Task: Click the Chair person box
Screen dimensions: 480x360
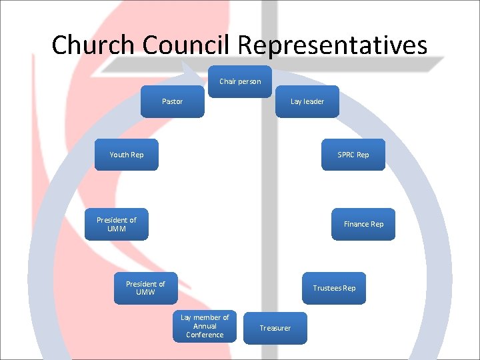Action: click(x=240, y=81)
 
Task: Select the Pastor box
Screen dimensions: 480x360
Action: click(x=172, y=101)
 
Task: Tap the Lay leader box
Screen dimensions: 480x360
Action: click(x=307, y=101)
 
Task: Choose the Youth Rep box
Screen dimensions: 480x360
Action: click(x=127, y=155)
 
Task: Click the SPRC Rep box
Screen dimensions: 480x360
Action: click(x=353, y=155)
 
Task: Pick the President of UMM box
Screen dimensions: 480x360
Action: click(x=117, y=224)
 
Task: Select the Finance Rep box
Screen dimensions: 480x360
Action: click(x=363, y=224)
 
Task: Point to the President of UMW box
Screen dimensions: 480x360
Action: click(x=145, y=288)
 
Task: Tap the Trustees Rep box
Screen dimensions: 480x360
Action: click(x=334, y=288)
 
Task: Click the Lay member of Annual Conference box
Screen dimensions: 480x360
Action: click(x=205, y=326)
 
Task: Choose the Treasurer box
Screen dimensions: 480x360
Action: click(x=275, y=328)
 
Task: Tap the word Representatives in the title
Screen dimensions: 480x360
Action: click(x=332, y=45)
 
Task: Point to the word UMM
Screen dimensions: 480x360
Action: click(x=117, y=229)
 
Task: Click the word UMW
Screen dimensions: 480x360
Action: click(x=145, y=293)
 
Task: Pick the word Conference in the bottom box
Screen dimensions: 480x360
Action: click(x=205, y=335)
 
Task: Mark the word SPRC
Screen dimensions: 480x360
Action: click(x=346, y=155)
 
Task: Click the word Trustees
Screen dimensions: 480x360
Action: click(x=327, y=288)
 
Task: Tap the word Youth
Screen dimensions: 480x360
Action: click(x=119, y=155)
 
